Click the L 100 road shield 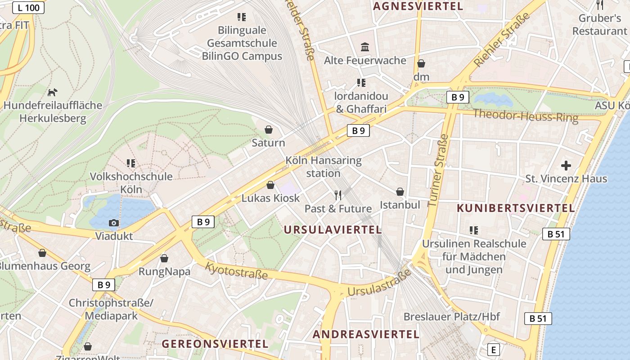pos(28,7)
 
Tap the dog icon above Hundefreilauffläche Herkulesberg pos(53,92)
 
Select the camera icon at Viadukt pos(114,223)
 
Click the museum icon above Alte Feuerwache pos(365,47)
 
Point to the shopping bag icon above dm pos(421,63)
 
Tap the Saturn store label pos(268,143)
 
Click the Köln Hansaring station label pos(323,166)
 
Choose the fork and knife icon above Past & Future pos(338,195)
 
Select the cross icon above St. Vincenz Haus pos(566,165)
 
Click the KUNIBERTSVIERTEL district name pos(516,208)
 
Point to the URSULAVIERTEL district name pos(333,229)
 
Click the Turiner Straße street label pos(438,170)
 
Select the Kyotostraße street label pos(236,270)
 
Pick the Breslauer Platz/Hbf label pos(451,316)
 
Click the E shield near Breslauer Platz pos(494,350)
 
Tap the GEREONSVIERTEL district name pos(215,344)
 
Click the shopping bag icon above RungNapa pos(164,258)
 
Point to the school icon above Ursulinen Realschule pos(473,230)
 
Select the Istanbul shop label pos(400,205)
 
